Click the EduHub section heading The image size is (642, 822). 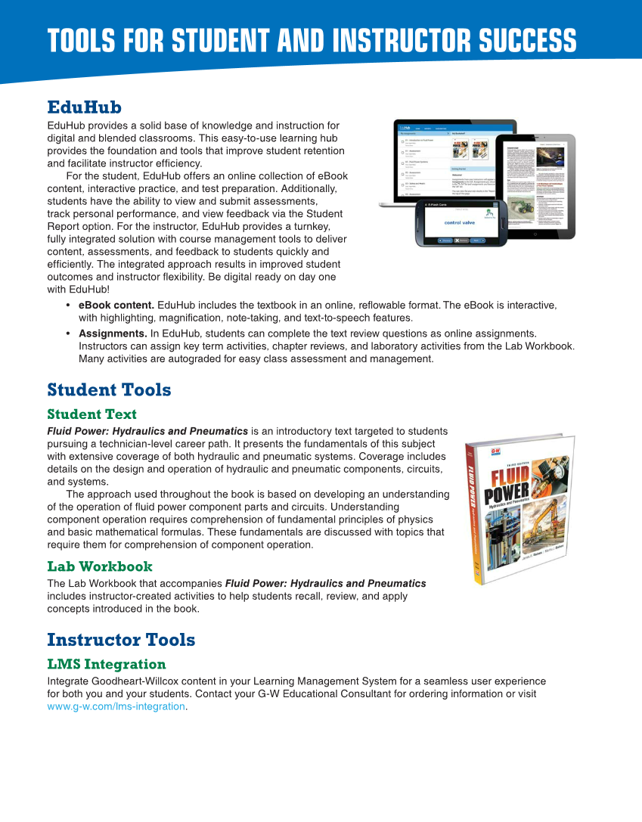pyautogui.click(x=84, y=107)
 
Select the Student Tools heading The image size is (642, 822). pyautogui.click(x=109, y=390)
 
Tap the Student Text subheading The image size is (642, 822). pyautogui.click(x=91, y=414)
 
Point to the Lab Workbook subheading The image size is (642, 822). pyautogui.click(x=100, y=566)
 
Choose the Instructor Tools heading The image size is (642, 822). pyautogui.click(x=121, y=640)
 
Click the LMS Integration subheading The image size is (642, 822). pyautogui.click(x=107, y=665)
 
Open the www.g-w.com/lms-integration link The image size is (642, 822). pyautogui.click(x=116, y=706)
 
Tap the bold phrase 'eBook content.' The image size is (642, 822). pyautogui.click(x=116, y=306)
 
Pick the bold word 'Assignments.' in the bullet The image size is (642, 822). pyautogui.click(x=113, y=333)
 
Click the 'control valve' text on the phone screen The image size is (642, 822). pyautogui.click(x=460, y=223)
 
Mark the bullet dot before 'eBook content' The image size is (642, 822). pyautogui.click(x=69, y=306)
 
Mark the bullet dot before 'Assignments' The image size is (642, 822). pyautogui.click(x=69, y=333)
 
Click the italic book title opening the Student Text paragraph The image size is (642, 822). pyautogui.click(x=147, y=432)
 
